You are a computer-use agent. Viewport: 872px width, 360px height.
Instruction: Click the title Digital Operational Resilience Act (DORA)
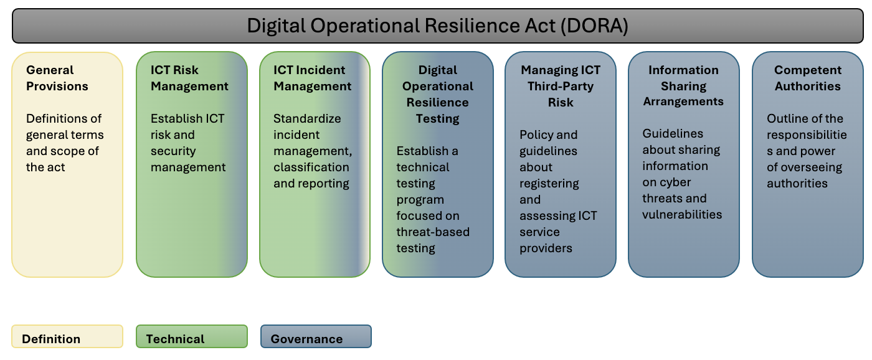[437, 26]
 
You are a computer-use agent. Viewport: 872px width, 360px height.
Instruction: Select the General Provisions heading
[57, 78]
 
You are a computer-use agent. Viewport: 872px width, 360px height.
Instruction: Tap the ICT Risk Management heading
[189, 78]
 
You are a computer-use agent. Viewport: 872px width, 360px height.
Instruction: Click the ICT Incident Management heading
[313, 78]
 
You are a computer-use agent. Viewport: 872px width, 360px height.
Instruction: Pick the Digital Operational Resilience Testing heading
[438, 94]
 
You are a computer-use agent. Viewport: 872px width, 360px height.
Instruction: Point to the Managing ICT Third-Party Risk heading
[561, 86]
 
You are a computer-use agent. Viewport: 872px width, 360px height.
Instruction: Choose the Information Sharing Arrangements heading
[683, 86]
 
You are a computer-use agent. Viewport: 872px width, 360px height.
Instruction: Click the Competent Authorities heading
[808, 78]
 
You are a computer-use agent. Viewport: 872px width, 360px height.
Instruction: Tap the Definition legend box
[67, 337]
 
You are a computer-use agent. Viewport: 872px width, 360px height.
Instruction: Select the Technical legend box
[192, 337]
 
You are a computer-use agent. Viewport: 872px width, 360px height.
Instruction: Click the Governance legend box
[316, 337]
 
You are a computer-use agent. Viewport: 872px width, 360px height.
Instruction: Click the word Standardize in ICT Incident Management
[307, 118]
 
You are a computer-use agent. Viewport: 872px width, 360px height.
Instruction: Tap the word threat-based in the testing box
[433, 232]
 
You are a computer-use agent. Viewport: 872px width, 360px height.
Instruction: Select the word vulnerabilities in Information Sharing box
[682, 214]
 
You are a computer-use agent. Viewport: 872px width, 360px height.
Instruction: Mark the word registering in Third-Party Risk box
[549, 183]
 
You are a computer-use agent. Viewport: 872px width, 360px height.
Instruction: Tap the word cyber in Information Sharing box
[676, 182]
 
